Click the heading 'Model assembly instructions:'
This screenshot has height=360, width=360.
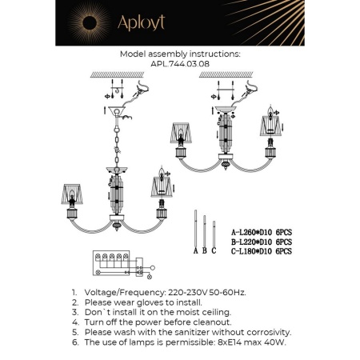(x=179, y=53)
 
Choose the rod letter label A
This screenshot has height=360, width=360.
(x=194, y=250)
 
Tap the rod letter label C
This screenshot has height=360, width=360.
(x=214, y=250)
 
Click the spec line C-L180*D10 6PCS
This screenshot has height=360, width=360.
(x=261, y=250)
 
